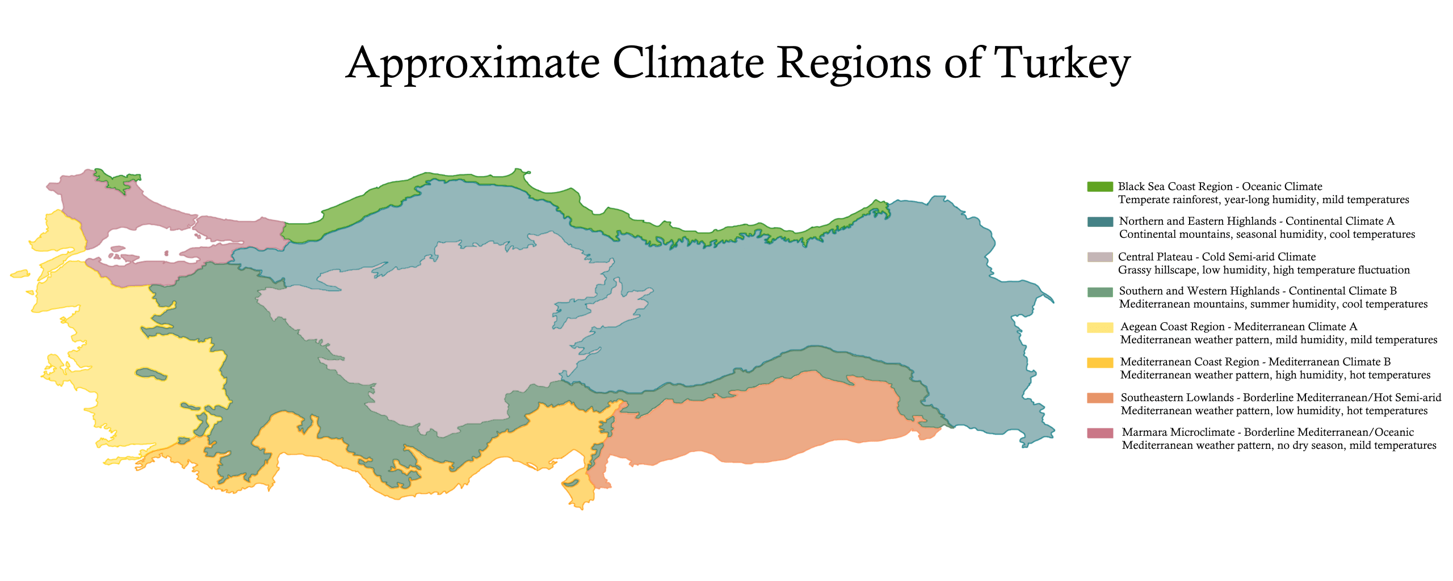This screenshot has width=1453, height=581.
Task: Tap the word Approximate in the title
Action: (473, 64)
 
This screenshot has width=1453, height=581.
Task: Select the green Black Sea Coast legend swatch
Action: (1099, 187)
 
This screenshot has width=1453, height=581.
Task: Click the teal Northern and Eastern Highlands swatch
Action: (1099, 221)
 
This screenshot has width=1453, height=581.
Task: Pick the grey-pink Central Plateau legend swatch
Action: (1099, 257)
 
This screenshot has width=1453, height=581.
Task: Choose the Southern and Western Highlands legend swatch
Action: (1099, 292)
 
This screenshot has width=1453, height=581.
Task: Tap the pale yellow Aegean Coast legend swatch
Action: (1099, 327)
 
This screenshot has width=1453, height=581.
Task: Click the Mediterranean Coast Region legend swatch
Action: (1099, 363)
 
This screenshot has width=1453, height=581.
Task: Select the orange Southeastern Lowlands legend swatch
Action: (1099, 398)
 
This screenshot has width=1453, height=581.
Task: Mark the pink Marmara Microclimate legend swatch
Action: (1099, 433)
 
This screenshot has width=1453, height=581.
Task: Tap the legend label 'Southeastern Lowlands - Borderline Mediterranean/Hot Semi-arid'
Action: (1280, 398)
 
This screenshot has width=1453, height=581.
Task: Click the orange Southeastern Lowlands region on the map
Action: (766, 420)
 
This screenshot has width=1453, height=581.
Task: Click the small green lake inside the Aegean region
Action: (151, 374)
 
